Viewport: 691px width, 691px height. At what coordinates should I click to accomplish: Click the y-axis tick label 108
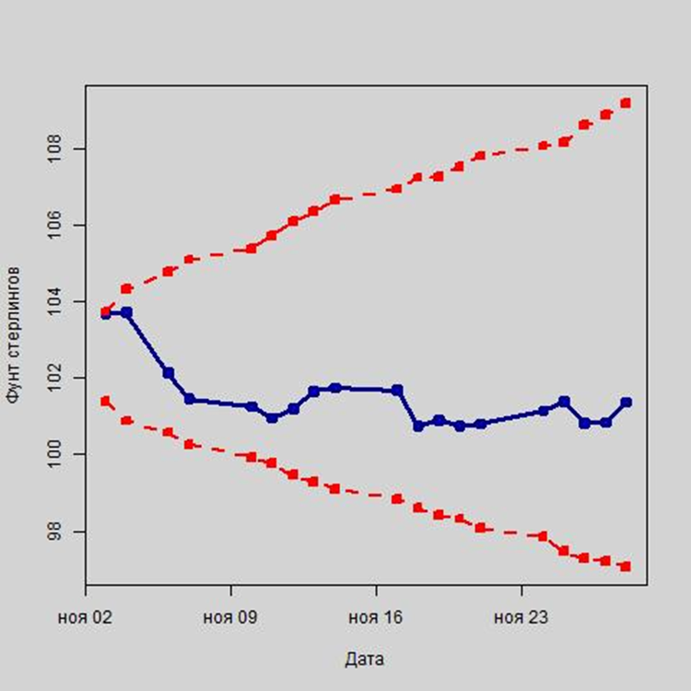tap(57, 147)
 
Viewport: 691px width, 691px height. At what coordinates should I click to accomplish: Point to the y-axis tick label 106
tap(57, 225)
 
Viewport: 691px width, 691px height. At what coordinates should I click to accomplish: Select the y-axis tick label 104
tap(57, 301)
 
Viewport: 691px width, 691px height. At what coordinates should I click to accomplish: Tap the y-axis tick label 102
tap(57, 378)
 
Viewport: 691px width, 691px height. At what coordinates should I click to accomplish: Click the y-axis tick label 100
tap(57, 454)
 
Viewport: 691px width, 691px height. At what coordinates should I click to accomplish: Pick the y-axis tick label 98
tap(57, 532)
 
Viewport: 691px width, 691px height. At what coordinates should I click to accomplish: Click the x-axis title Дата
tap(365, 660)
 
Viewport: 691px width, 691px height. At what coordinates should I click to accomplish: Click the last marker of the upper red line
tap(626, 103)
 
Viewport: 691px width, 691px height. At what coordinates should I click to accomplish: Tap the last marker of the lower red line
tap(626, 567)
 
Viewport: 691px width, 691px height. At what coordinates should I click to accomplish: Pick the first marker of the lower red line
tap(106, 401)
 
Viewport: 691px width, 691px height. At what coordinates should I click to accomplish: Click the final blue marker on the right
tap(627, 402)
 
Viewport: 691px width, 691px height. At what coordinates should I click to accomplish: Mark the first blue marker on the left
tap(106, 314)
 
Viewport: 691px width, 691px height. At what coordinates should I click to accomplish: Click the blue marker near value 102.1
tap(169, 373)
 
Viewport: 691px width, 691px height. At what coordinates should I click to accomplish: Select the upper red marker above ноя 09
tap(252, 249)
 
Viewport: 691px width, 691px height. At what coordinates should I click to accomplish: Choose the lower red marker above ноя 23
tap(543, 536)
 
